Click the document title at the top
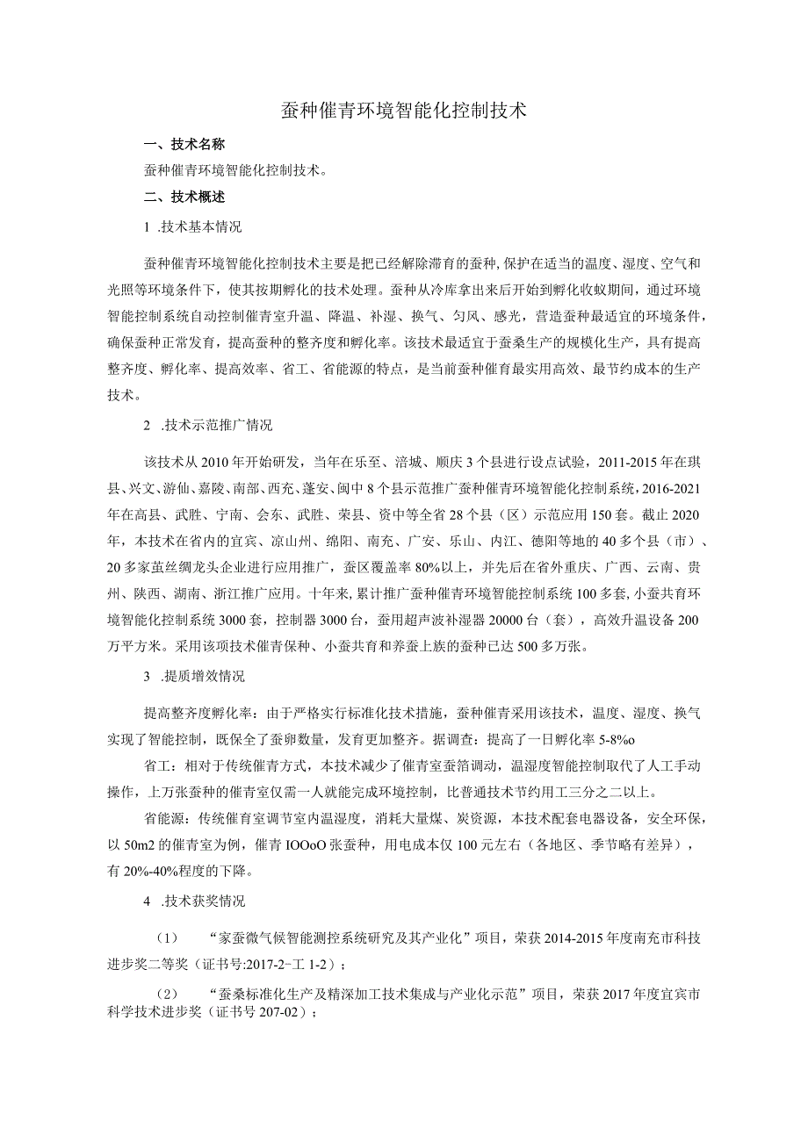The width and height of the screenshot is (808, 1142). tap(403, 111)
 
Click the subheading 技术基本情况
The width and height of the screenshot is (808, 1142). tap(201, 227)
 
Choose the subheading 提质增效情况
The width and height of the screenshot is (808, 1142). tap(203, 677)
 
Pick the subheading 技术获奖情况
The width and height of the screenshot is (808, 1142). tap(203, 901)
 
